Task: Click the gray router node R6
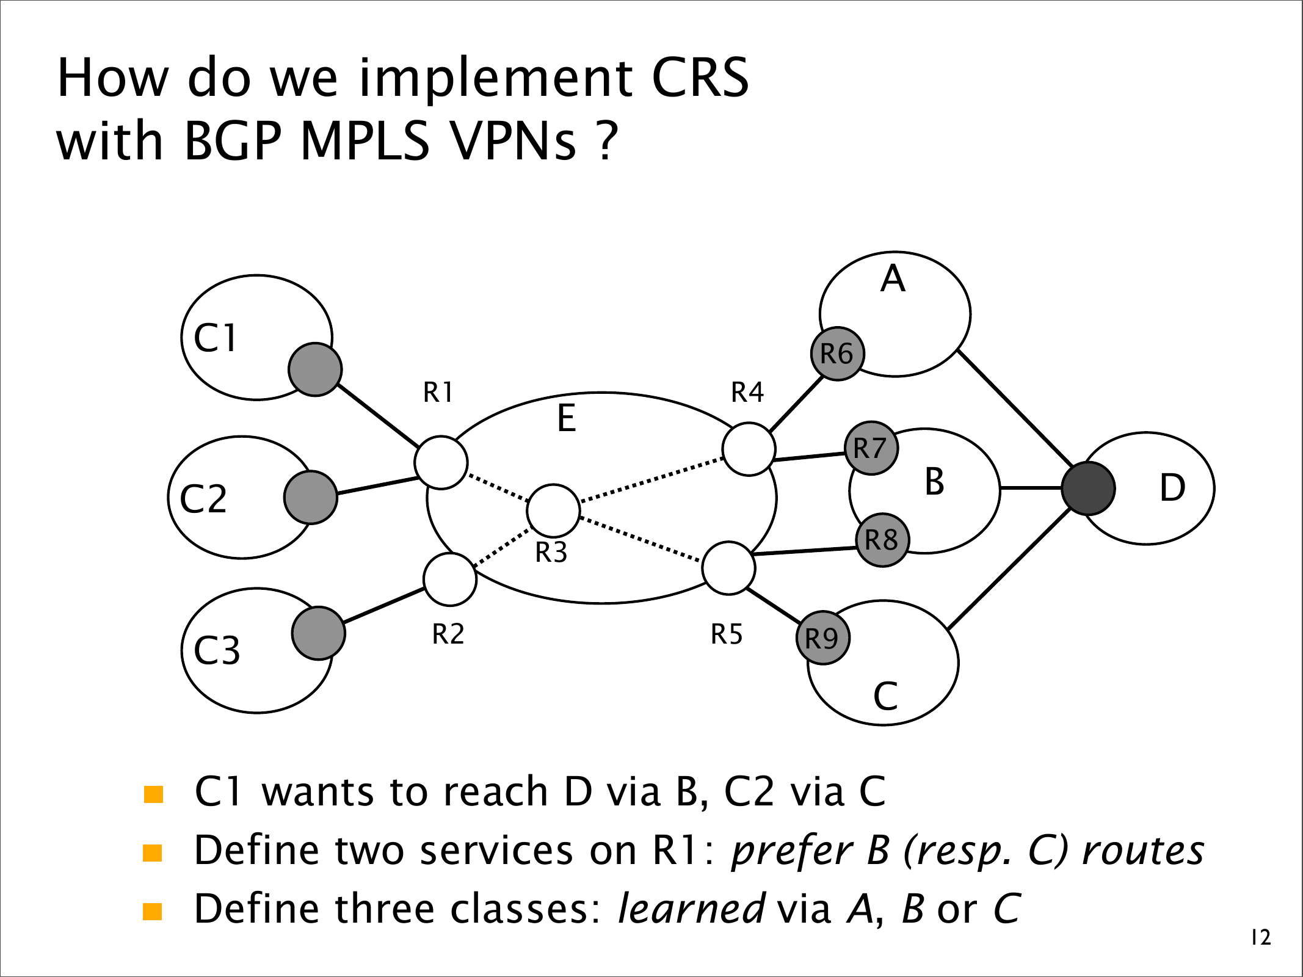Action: (837, 354)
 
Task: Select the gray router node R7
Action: (871, 448)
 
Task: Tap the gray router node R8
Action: (882, 540)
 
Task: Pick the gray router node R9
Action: (823, 638)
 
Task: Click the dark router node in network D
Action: (1088, 488)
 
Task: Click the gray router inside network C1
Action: (315, 369)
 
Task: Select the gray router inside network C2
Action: (311, 497)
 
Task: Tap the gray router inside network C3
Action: (318, 633)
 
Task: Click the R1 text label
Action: (438, 393)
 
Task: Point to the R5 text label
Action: (727, 634)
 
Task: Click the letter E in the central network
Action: (567, 419)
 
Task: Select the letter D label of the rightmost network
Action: (1172, 488)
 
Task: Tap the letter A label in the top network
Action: (893, 279)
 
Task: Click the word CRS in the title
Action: (700, 78)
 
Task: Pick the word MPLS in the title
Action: (365, 141)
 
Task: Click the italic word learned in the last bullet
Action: (691, 909)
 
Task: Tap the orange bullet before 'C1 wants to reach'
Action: (153, 794)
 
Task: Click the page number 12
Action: (1261, 937)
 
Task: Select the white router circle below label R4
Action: (749, 449)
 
